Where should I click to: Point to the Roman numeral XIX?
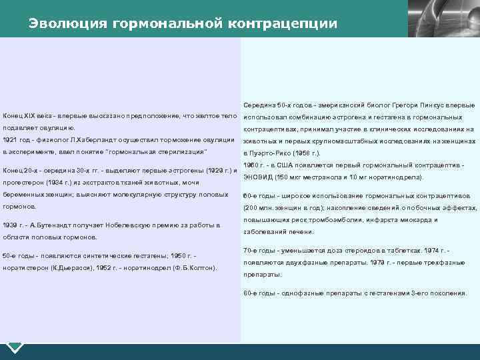[31, 115]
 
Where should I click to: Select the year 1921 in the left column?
[10, 140]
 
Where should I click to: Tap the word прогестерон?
[21, 182]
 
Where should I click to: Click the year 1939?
[11, 225]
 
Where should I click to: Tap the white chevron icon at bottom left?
[15, 347]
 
